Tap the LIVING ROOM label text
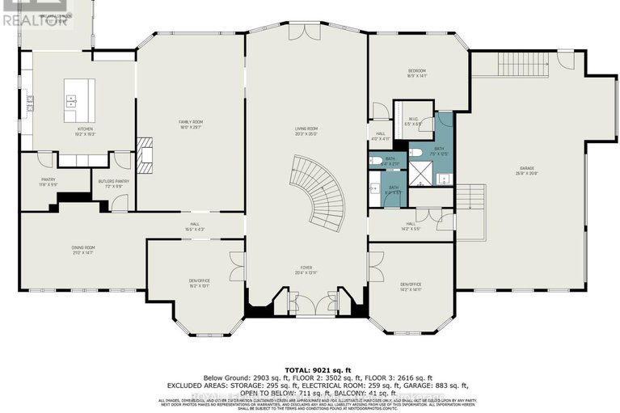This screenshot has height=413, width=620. point(306,130)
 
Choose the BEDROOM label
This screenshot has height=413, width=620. point(417,73)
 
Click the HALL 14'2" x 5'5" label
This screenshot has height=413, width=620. point(411,225)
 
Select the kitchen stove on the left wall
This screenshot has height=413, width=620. point(30,103)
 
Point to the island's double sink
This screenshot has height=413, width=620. point(71,101)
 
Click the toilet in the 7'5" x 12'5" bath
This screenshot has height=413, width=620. point(413,151)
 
